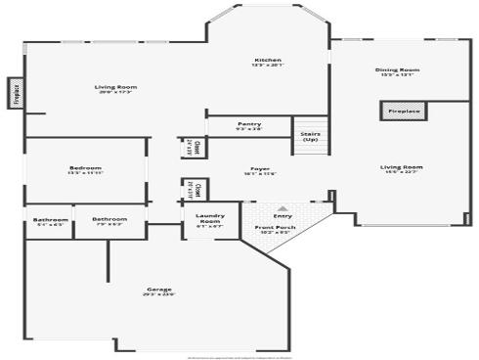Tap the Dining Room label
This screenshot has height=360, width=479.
point(397,69)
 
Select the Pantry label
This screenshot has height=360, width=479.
point(249,124)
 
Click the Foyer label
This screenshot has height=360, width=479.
point(260,168)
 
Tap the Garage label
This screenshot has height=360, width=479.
point(159,289)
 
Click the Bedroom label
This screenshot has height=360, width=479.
point(85,168)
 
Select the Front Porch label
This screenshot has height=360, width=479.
point(273,227)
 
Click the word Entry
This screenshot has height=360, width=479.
point(283,216)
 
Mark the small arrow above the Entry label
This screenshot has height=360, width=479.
point(283,208)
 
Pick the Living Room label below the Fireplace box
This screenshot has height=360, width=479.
point(401,167)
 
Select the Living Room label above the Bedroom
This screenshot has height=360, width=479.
point(115,87)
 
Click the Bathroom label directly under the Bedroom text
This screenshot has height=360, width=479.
point(109,218)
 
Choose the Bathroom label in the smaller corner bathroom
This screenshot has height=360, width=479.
point(50,218)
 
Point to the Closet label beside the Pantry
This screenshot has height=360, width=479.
point(196,148)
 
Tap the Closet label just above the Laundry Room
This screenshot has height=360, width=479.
point(198,187)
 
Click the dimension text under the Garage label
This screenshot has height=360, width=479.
point(159,294)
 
